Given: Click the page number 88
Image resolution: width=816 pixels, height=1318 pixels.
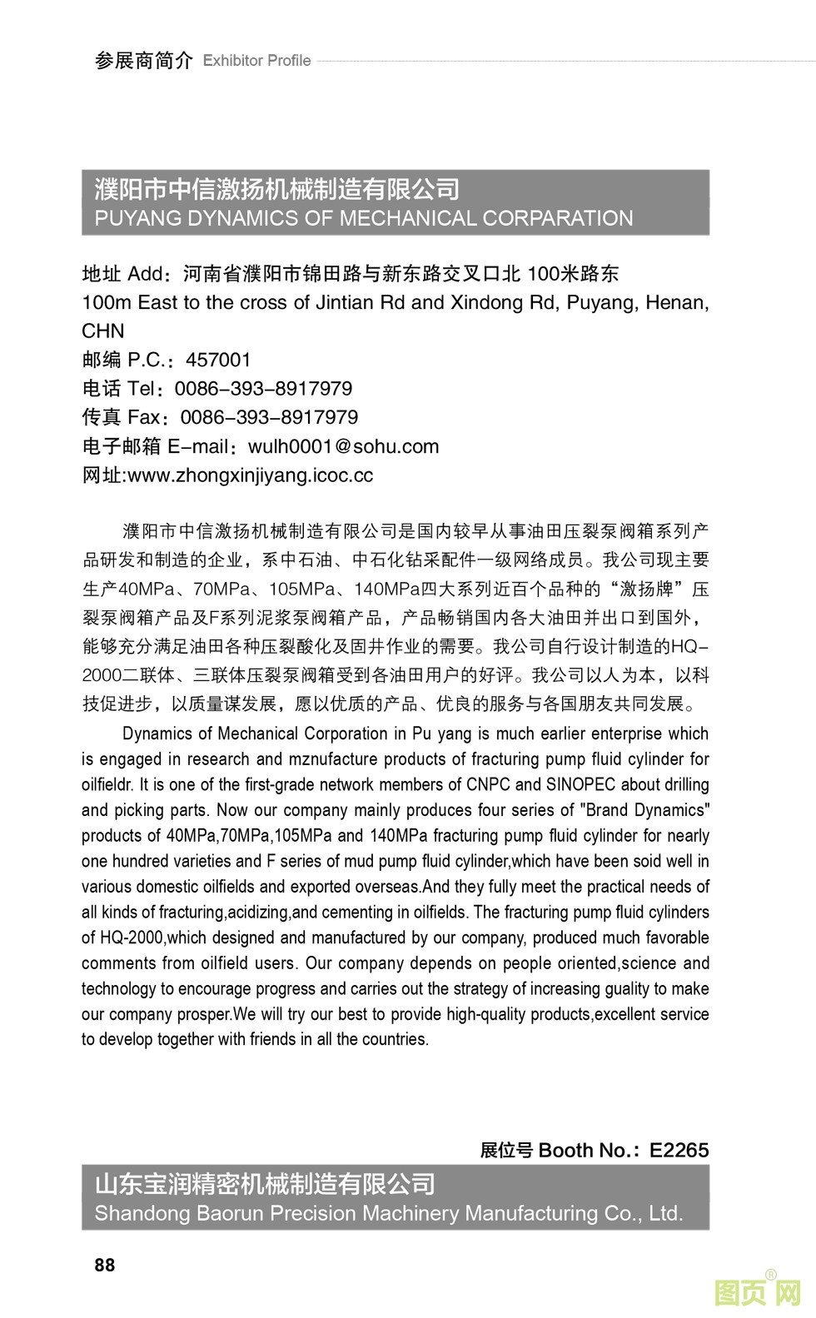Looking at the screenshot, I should pos(105,1265).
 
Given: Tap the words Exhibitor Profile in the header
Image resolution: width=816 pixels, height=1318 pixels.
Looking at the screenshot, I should pos(256,61).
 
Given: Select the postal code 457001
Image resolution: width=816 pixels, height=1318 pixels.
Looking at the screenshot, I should pos(218,360).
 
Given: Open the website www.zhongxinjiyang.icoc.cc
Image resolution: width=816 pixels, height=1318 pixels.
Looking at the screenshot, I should pos(251,475).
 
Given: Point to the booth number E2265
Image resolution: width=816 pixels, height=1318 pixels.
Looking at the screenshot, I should pos(679,1150).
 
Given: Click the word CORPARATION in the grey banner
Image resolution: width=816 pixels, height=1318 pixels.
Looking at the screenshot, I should pos(558,218).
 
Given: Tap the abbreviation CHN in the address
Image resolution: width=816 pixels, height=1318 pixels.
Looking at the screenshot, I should pos(103,331).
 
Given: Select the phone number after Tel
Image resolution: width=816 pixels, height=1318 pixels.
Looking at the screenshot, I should pos(263,389).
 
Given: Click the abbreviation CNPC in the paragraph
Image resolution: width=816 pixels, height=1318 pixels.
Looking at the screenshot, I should pos(488,784).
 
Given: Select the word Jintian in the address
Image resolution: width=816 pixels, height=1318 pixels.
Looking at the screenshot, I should pos(346,302).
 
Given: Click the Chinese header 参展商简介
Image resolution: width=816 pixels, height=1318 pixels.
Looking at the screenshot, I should pos(144,61).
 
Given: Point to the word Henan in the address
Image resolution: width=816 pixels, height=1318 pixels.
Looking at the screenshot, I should pos(678,302).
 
